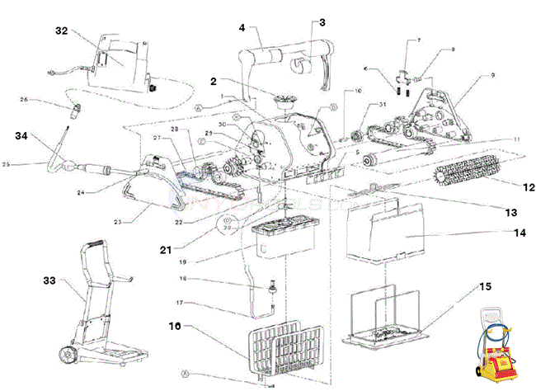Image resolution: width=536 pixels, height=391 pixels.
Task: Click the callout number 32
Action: tap(61, 31)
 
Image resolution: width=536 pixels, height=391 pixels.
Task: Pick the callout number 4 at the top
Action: tap(242, 27)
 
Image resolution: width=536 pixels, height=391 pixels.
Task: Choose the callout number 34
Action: tap(21, 135)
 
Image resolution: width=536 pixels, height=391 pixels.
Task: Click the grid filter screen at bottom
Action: tap(283, 347)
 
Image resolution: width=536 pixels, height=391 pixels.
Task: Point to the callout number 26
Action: tap(24, 101)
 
